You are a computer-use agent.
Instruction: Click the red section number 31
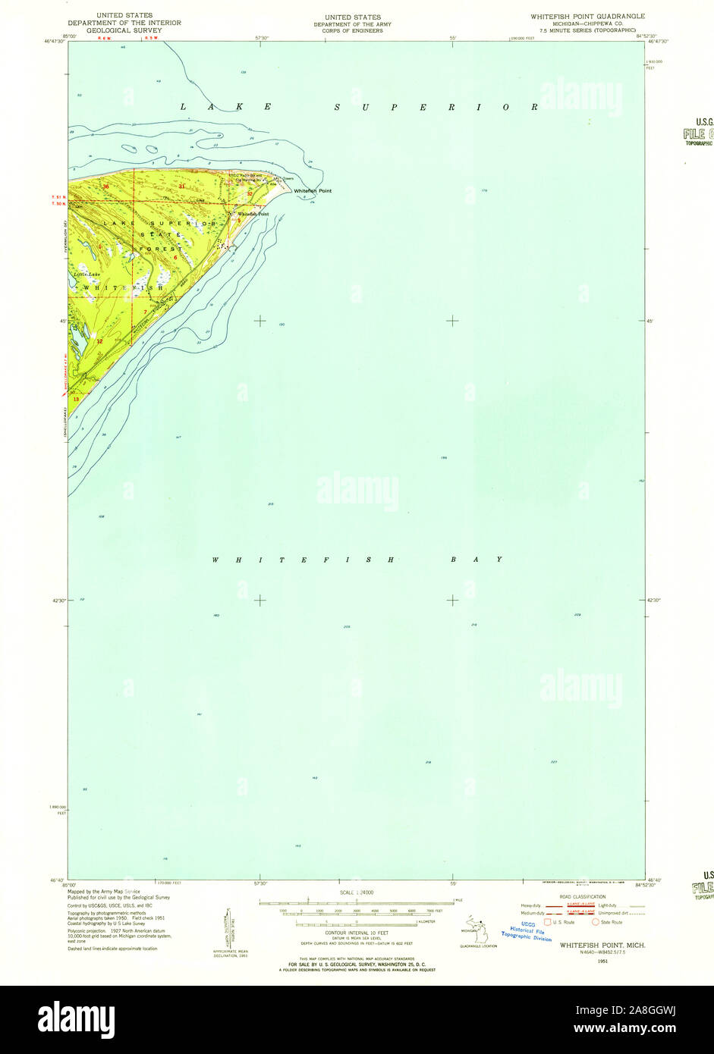[x=181, y=186]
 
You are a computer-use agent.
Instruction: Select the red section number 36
[x=106, y=186]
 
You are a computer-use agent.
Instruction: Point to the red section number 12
[x=99, y=341]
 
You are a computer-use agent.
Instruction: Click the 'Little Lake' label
[x=87, y=274]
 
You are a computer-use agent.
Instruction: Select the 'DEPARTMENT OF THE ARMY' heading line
[x=352, y=24]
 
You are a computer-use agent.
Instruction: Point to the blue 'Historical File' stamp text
[x=527, y=931]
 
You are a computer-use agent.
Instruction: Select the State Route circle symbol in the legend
[x=595, y=922]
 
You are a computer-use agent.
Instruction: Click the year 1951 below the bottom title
[x=602, y=961]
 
